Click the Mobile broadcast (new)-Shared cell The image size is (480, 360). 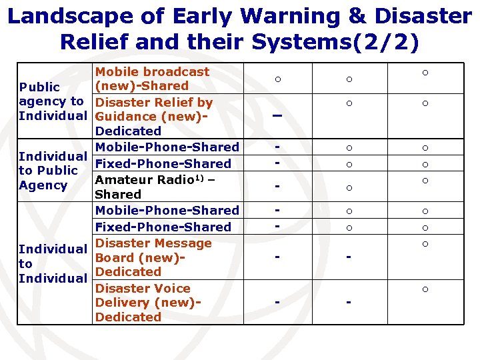(152, 79)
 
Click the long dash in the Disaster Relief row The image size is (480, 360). (277, 116)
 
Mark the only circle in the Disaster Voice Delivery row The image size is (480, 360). (425, 289)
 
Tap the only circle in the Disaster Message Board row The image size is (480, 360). (425, 244)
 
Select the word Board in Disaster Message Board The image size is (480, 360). (114, 258)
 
